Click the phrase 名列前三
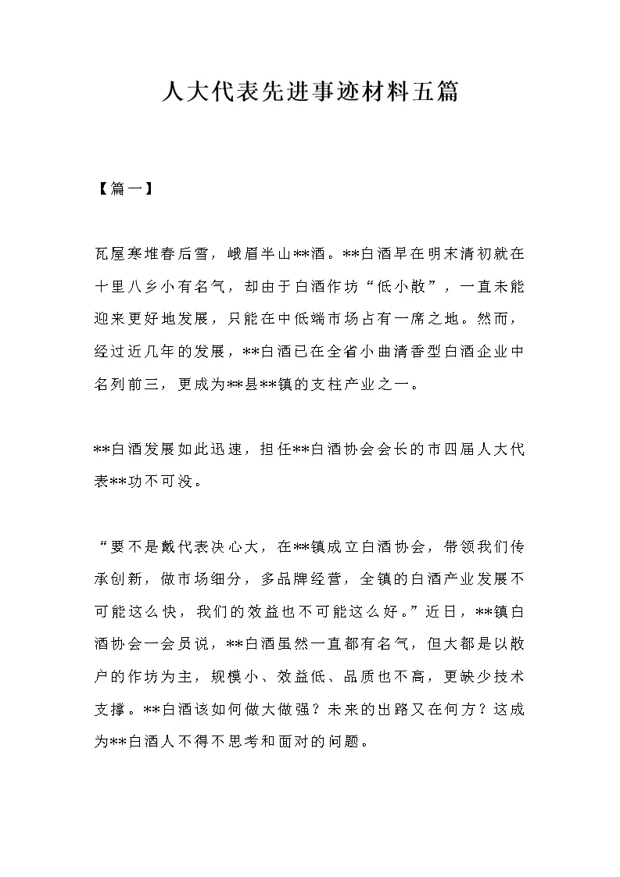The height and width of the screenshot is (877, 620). coord(130,385)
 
